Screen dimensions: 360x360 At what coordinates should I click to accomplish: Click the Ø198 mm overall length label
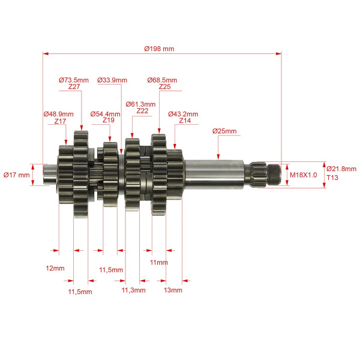click(x=159, y=49)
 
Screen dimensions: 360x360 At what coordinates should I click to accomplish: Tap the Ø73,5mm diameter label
click(x=74, y=80)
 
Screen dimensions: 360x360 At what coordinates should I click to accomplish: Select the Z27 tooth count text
click(x=74, y=86)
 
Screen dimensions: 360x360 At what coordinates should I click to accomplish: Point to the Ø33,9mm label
click(x=112, y=80)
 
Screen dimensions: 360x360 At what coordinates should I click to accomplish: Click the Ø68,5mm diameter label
click(x=162, y=80)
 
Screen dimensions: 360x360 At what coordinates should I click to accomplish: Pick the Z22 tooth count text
click(x=142, y=111)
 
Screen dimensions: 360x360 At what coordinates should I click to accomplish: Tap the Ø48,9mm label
click(x=59, y=114)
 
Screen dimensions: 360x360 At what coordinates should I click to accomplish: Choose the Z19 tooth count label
click(x=109, y=120)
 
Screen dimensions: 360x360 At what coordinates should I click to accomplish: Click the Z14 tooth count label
click(x=185, y=121)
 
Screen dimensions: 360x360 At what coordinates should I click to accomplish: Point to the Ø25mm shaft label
click(x=224, y=131)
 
